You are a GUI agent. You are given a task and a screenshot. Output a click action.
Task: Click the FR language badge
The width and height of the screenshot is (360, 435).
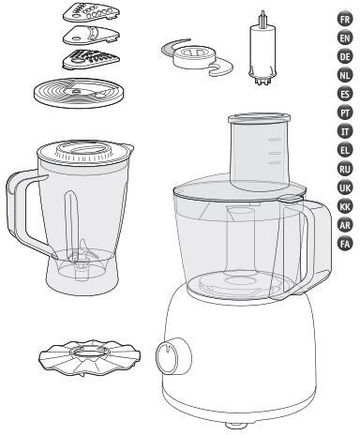tap(345, 20)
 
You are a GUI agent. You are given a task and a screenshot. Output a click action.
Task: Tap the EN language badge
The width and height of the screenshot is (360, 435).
tap(345, 38)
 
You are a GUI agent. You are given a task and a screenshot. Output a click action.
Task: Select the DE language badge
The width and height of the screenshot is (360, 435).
tap(345, 57)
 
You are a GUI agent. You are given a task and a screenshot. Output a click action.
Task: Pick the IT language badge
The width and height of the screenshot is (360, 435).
tap(345, 131)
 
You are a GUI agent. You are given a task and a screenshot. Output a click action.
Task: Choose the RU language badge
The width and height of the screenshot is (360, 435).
tap(345, 169)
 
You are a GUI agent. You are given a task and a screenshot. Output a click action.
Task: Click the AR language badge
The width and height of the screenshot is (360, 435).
tap(345, 225)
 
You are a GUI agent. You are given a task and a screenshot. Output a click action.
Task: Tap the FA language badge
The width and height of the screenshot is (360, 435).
tap(345, 244)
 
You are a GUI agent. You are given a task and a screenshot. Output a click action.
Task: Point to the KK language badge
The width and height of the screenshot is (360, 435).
tap(345, 206)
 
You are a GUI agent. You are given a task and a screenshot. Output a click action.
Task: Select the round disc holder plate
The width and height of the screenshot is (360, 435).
tap(80, 93)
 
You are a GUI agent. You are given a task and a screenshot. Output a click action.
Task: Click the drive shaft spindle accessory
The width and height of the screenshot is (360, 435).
tap(263, 50)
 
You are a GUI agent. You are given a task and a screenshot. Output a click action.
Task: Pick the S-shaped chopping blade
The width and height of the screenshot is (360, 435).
tap(197, 58)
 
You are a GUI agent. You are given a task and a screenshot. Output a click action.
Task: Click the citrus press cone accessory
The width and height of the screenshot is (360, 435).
tap(89, 357)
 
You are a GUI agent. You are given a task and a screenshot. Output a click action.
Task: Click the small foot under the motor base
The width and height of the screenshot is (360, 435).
tap(234, 425)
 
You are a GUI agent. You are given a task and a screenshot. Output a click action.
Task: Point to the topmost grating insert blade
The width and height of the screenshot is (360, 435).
tap(92, 12)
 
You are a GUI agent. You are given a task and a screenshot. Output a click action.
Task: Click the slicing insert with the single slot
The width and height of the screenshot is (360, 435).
tap(91, 35)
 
